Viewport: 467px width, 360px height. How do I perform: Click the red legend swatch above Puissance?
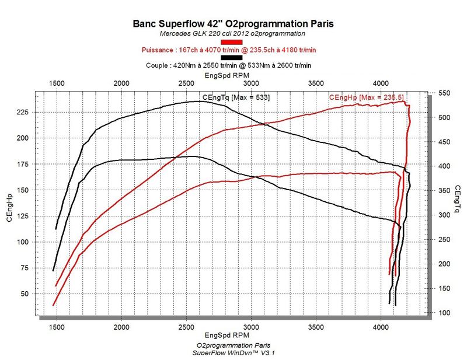pyautogui.click(x=231, y=42)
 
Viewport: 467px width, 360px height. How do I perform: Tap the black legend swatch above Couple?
pyautogui.click(x=231, y=57)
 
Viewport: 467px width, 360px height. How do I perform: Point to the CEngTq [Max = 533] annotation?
pyautogui.click(x=235, y=97)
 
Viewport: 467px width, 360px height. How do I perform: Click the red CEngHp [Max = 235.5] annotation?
pyautogui.click(x=367, y=97)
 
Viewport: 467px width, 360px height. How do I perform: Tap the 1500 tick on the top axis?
pyautogui.click(x=56, y=83)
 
